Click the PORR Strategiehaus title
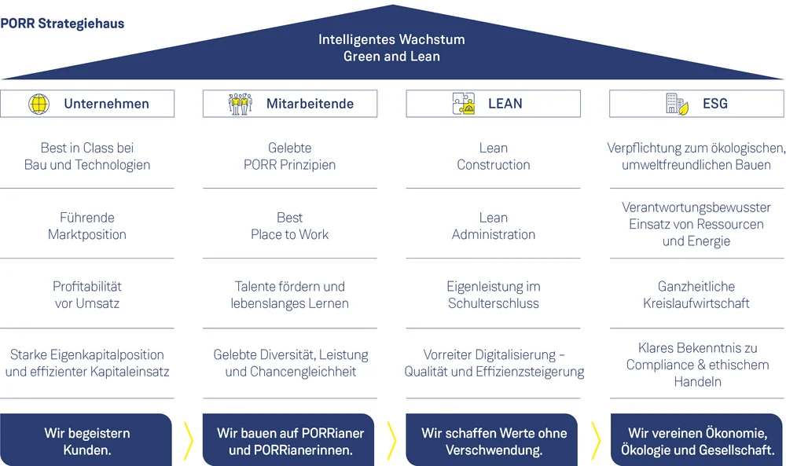tap(62, 24)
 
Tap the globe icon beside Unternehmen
tap(39, 104)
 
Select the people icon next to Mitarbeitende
tap(241, 104)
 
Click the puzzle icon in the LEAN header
tap(464, 104)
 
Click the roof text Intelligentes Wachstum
tap(391, 39)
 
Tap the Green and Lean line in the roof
tap(391, 57)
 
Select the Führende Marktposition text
tap(87, 226)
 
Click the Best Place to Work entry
tap(290, 226)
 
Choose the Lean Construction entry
tap(494, 156)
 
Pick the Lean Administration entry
tap(494, 226)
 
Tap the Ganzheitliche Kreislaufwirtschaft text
tap(696, 295)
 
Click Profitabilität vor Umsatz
tap(87, 295)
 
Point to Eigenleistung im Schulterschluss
tap(494, 295)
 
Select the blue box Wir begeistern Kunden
tap(86, 441)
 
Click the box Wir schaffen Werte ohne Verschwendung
tap(494, 441)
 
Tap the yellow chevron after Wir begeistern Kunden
tap(188, 441)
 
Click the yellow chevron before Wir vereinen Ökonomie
tap(595, 441)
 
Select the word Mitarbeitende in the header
tap(310, 104)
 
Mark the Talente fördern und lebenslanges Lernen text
tap(290, 295)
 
